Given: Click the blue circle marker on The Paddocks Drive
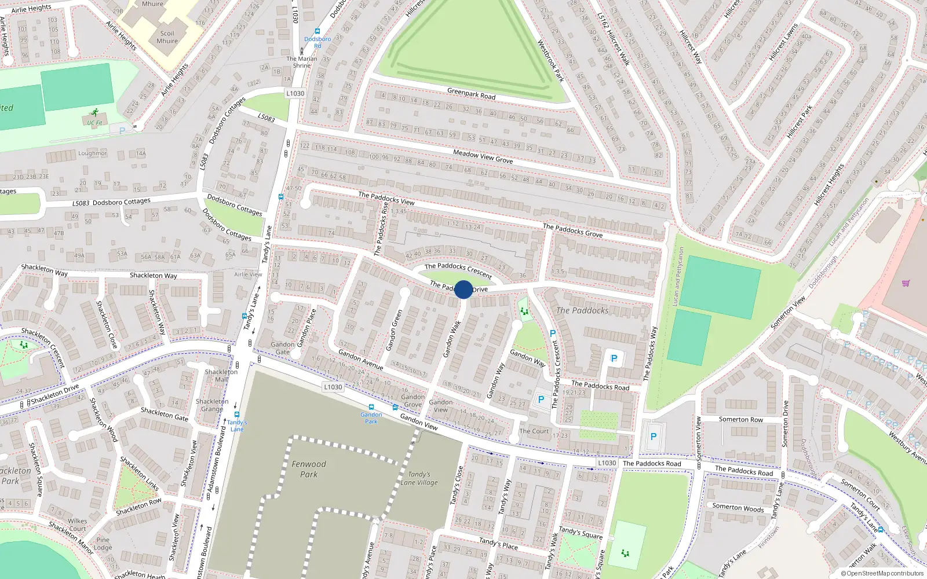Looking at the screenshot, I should [463, 289].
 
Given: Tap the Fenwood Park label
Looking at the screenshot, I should [309, 469].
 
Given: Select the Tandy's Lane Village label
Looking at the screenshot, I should [419, 478].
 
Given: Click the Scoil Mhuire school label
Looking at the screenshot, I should [167, 37].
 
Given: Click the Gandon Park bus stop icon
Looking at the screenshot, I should [371, 407].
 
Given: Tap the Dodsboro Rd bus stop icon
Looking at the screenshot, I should [317, 32].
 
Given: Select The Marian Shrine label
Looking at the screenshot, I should [301, 62].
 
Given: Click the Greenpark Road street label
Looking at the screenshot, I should [471, 93].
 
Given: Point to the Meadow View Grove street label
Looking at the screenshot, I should [483, 156].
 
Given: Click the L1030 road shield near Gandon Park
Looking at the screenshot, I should [333, 387].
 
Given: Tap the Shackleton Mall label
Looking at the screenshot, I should [221, 376].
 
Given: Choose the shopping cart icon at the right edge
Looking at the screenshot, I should [906, 283].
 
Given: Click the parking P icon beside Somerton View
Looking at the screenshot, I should [653, 437].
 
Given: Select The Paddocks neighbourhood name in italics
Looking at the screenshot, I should [582, 310].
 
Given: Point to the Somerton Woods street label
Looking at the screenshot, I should [738, 508].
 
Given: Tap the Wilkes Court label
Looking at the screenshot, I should [77, 525].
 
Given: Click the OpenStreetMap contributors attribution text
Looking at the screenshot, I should [882, 573].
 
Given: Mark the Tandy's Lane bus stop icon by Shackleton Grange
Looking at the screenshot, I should [237, 415].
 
